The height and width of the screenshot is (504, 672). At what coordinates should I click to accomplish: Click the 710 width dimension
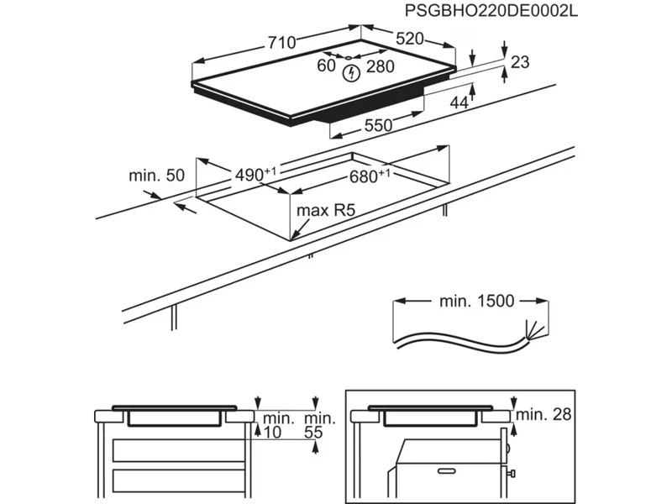(x=281, y=42)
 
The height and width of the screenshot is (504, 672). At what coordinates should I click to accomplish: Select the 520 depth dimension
(x=409, y=38)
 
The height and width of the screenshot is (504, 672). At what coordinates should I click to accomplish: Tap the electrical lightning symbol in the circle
(x=352, y=72)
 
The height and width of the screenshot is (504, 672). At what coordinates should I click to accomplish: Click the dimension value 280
(x=381, y=67)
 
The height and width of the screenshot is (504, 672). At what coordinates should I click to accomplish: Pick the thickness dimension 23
(x=521, y=61)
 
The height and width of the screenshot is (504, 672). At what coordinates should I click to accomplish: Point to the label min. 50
(x=156, y=176)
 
